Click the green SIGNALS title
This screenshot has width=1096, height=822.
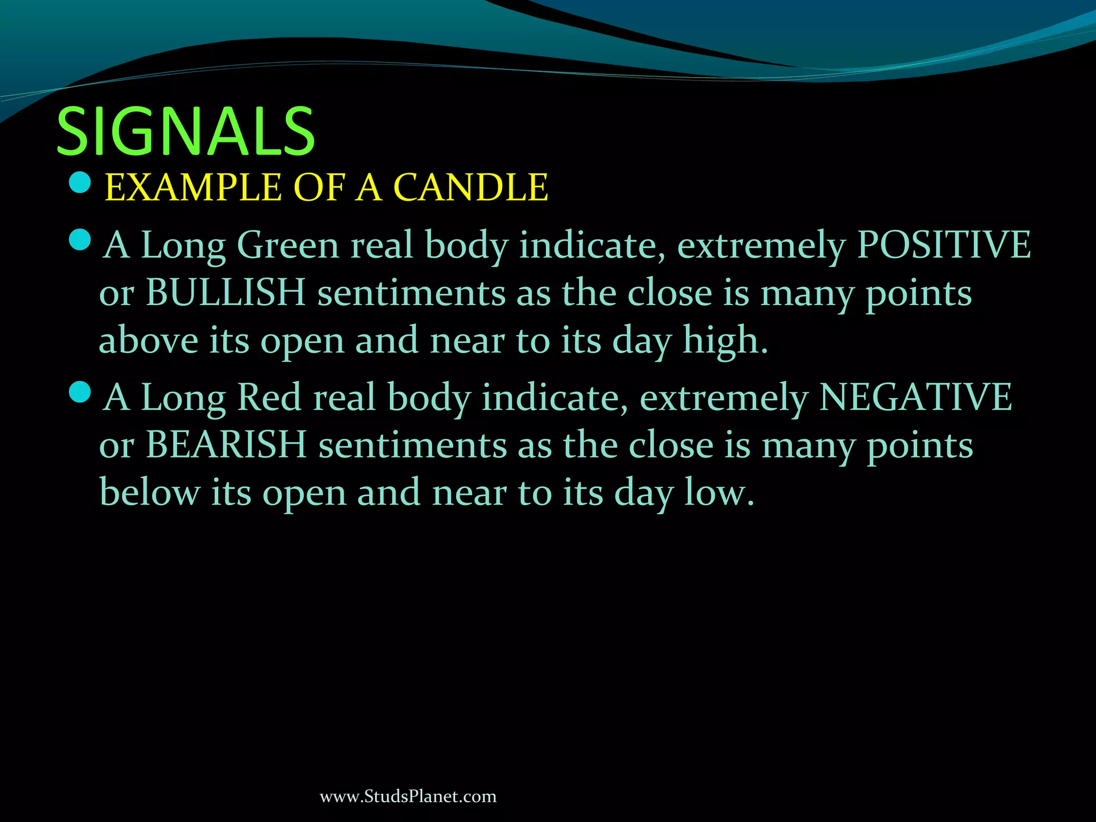(186, 131)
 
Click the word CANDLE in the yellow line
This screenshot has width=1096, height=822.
(470, 187)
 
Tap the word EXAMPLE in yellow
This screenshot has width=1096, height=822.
(193, 187)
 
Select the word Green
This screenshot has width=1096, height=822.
(288, 245)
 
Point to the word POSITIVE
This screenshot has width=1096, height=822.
(943, 245)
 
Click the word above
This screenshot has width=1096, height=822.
(148, 340)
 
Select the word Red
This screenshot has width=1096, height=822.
(269, 398)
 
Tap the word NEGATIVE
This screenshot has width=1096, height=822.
(915, 398)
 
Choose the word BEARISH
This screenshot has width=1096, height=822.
(226, 445)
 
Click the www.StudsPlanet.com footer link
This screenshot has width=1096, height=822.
(408, 796)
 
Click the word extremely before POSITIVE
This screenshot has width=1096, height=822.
(761, 245)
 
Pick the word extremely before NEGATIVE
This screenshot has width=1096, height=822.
(724, 398)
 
